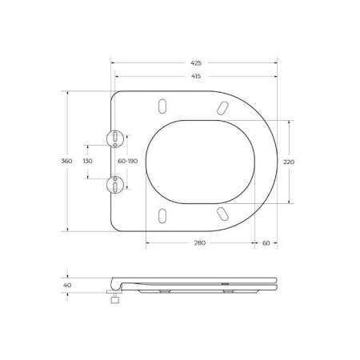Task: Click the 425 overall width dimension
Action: coord(196,62)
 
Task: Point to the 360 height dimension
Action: coord(67,161)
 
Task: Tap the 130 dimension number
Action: coord(88,161)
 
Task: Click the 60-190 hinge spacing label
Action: coord(128,161)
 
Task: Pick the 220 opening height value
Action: coord(289,161)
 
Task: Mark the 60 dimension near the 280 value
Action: coord(266,243)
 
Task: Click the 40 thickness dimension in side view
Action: coord(67,284)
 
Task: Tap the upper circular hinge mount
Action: coord(117,138)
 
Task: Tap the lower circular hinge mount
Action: coord(117,185)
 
